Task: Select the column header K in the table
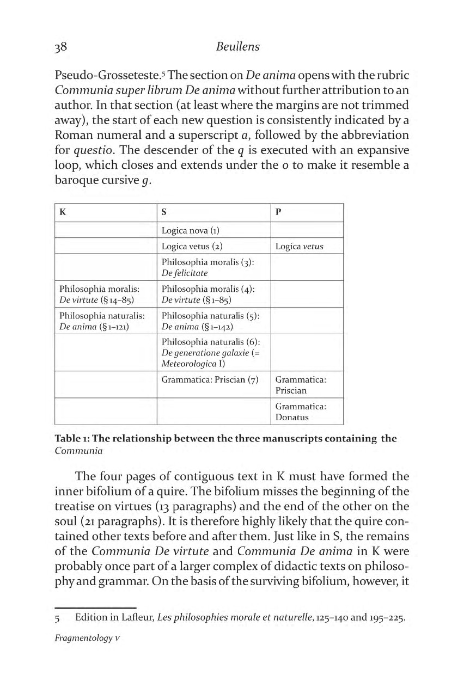coord(63,212)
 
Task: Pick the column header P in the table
coord(278,212)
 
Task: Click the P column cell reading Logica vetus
coord(299,246)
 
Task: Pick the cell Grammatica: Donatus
coord(301,412)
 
